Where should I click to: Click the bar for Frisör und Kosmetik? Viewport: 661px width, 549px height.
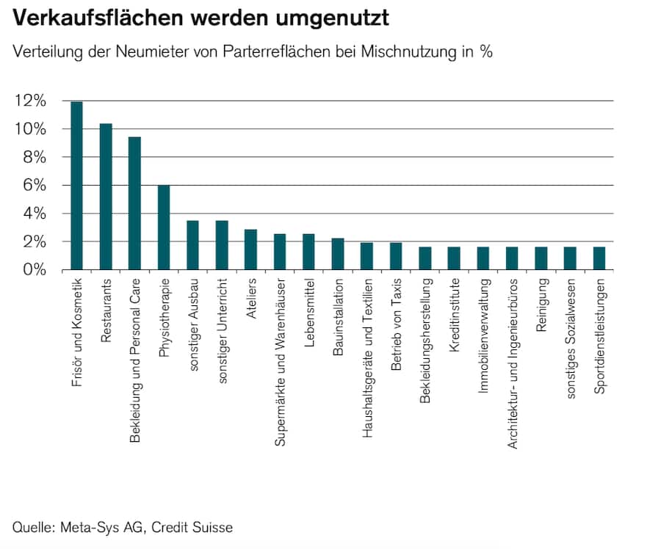point(76,186)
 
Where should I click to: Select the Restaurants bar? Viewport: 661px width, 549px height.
point(106,197)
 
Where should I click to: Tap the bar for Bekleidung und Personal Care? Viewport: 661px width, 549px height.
point(134,203)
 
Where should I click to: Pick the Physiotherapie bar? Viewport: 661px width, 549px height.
point(164,228)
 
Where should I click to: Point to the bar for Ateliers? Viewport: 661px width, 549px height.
point(250,250)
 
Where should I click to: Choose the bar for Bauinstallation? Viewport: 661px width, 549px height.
point(338,254)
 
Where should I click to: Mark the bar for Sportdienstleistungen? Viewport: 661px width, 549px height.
point(599,258)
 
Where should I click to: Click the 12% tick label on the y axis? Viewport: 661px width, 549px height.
point(29,101)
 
